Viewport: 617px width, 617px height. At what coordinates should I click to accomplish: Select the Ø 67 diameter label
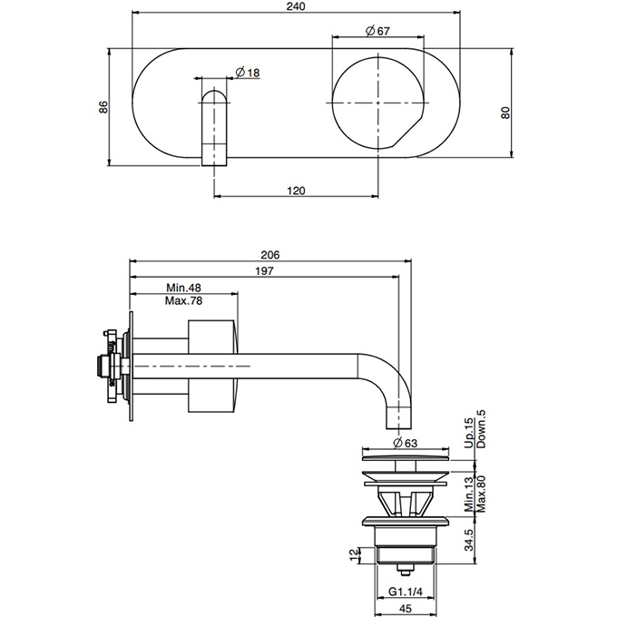coord(377,30)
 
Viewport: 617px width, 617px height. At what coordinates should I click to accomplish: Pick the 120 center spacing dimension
coord(296,191)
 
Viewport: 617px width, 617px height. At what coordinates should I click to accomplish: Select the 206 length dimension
coord(269,255)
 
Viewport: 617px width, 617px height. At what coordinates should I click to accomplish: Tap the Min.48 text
coord(183,288)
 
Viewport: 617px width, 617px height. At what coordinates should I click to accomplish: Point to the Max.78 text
coord(183,300)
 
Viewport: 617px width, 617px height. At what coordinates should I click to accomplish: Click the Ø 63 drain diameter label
coord(405,442)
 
